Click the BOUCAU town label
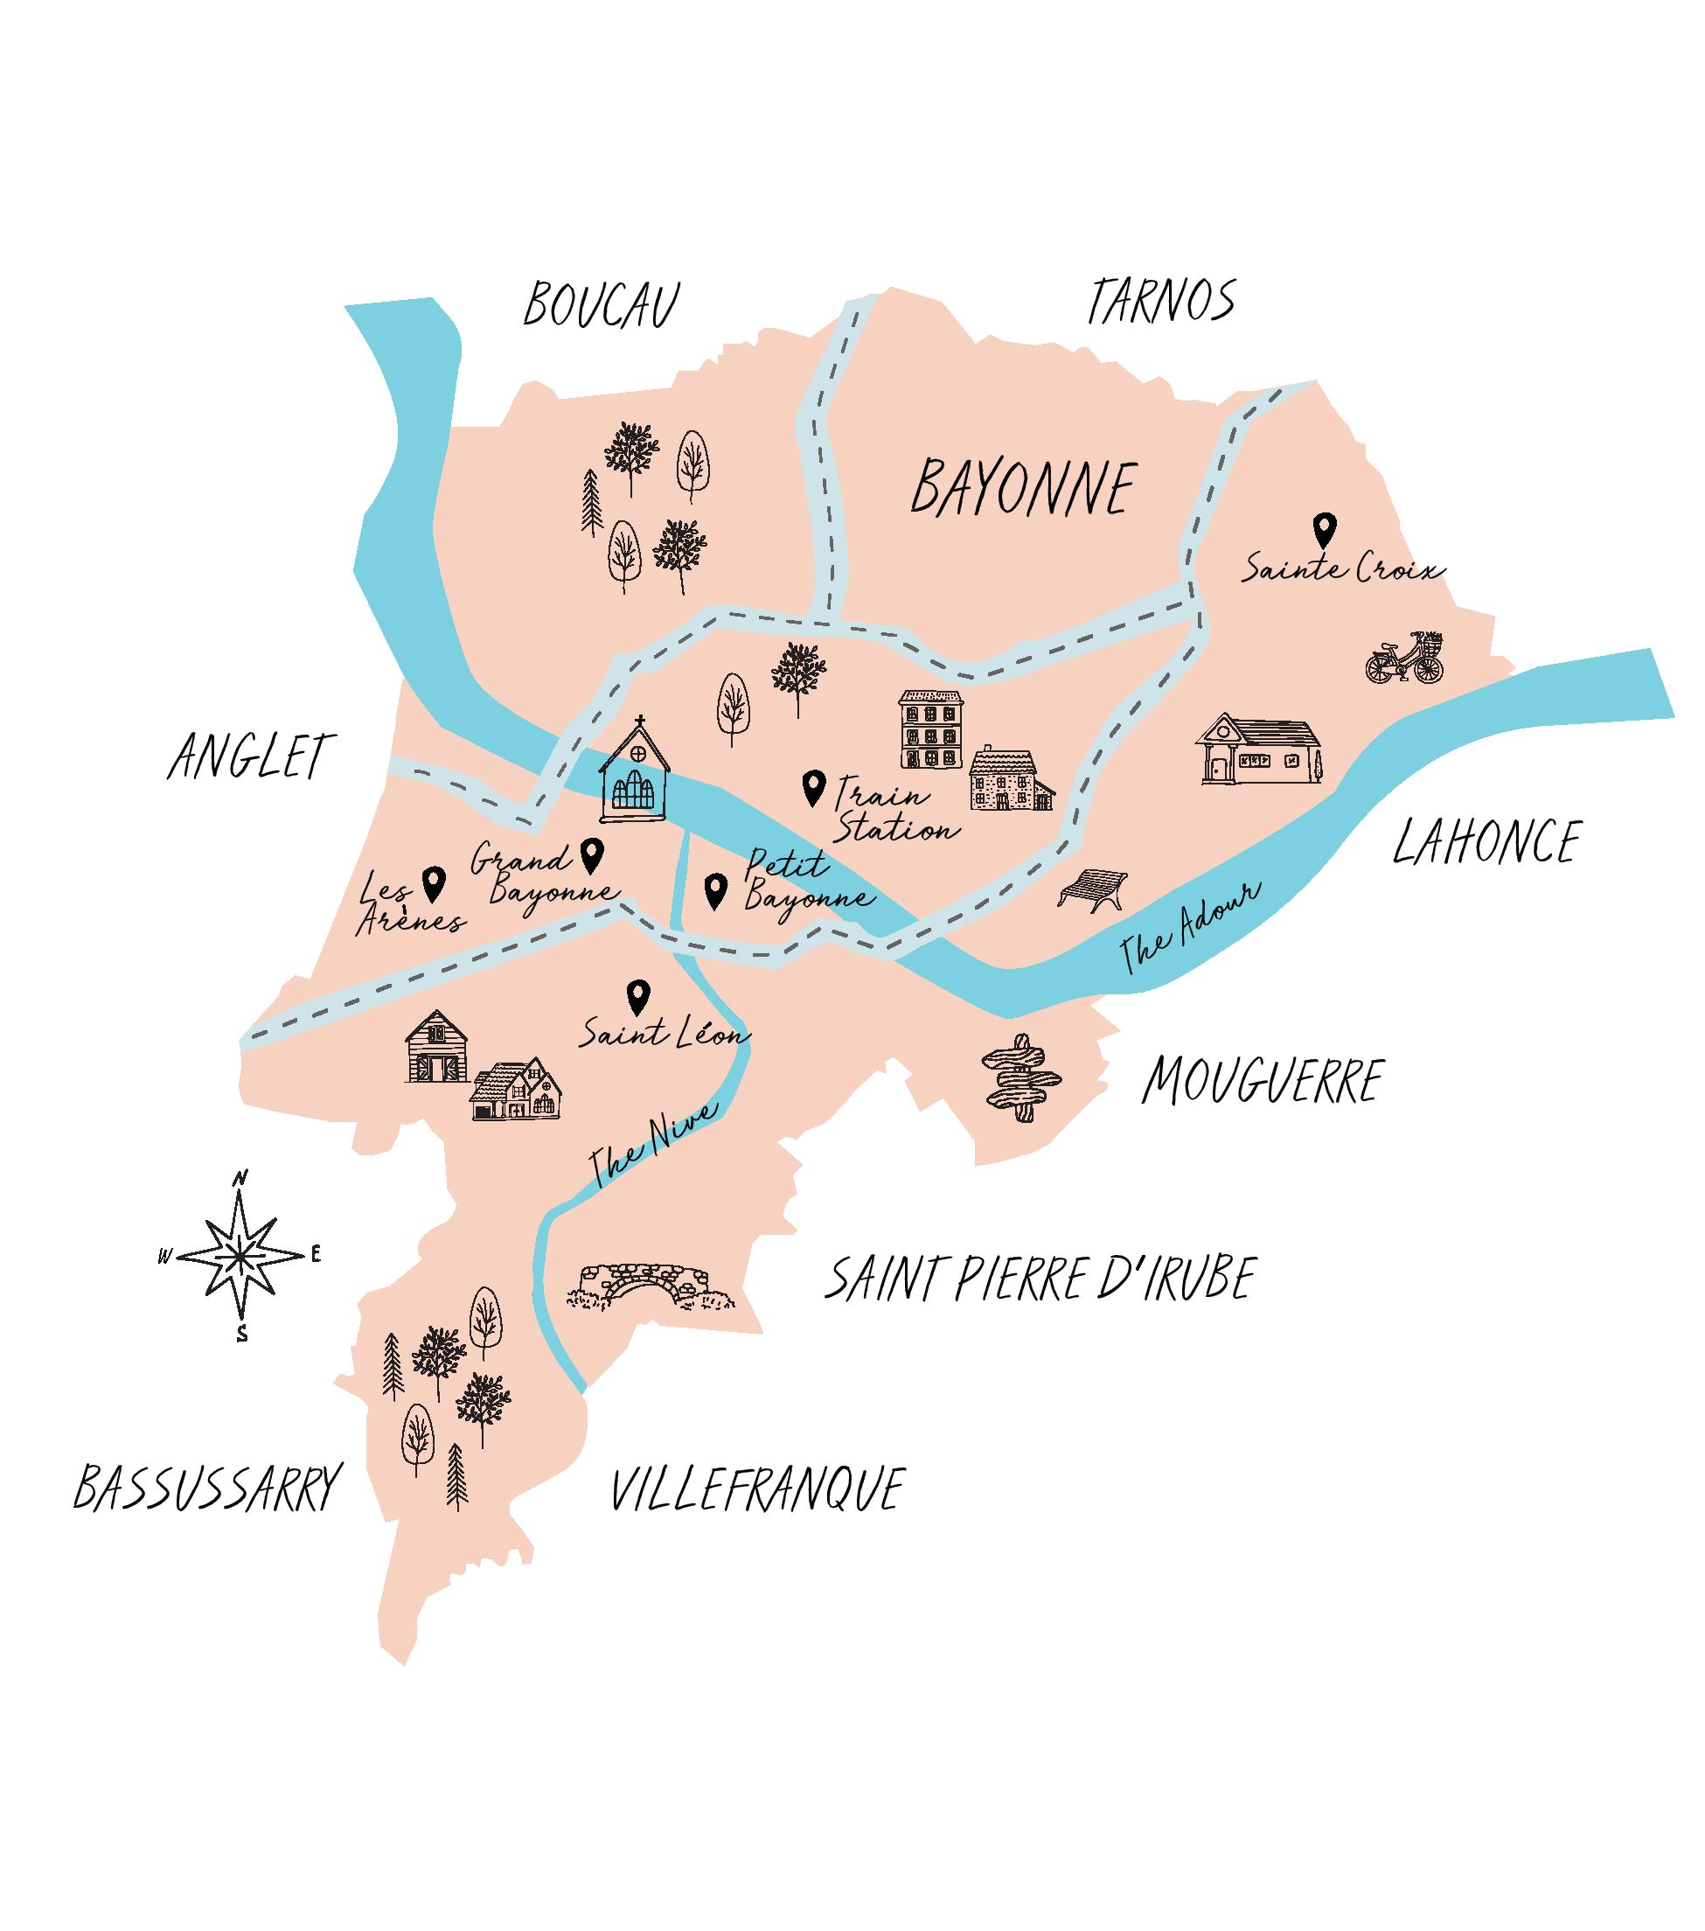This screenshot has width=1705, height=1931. point(602,305)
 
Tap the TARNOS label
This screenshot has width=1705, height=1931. point(1161,302)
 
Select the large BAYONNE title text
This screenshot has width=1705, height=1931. point(1023,488)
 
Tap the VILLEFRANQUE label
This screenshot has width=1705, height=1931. point(756,1490)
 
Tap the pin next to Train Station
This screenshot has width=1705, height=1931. point(812,786)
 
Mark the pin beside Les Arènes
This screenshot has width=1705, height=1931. point(434,883)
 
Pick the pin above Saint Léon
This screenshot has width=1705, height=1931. point(638,996)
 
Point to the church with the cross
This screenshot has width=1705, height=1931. point(635,773)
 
